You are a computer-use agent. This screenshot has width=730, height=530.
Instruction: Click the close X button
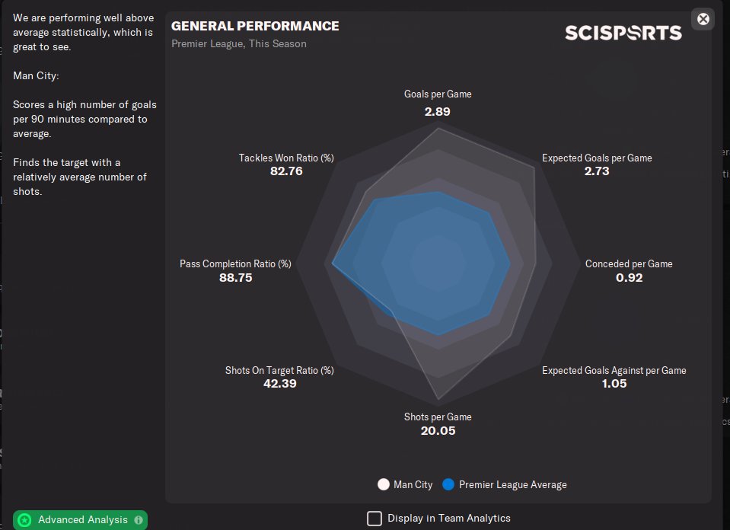[703, 19]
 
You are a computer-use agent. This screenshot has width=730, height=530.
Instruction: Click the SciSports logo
[623, 33]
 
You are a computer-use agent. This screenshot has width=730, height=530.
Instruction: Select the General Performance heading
[255, 26]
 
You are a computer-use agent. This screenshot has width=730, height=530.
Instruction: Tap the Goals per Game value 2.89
[438, 111]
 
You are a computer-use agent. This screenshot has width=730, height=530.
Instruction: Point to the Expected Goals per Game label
[597, 158]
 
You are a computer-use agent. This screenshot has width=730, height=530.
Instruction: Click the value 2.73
[597, 171]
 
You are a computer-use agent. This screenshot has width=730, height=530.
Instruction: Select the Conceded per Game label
[629, 263]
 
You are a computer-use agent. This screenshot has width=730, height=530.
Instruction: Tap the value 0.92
[629, 277]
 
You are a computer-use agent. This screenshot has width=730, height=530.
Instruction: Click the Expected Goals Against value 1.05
[614, 384]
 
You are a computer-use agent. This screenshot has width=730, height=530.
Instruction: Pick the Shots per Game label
[438, 417]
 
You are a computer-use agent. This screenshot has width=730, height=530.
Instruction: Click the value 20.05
[438, 431]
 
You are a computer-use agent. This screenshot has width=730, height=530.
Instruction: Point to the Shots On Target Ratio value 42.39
[279, 384]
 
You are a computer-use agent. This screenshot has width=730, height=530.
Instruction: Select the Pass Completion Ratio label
[235, 263]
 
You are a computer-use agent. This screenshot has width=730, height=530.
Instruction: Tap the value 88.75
[235, 278]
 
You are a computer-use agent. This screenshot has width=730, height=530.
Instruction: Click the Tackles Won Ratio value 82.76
[286, 171]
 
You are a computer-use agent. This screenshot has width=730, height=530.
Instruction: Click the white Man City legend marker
[384, 484]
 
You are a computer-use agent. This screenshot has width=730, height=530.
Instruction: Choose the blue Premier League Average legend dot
[448, 484]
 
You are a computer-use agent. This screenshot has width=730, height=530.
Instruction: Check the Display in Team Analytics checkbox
[375, 519]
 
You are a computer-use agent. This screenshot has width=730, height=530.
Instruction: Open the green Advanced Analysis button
[80, 520]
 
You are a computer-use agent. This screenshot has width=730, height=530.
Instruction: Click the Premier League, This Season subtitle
[239, 43]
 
